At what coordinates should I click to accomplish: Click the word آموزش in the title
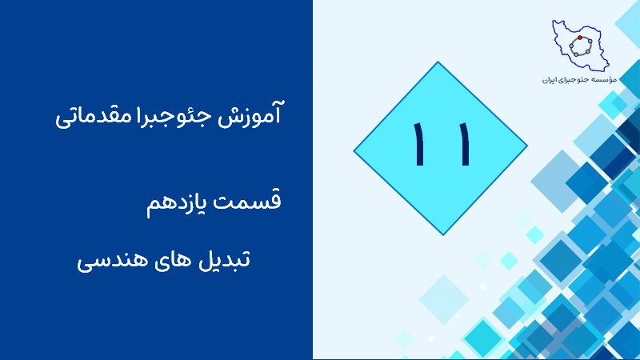[x=250, y=114]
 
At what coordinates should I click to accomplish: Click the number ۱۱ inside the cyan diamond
[x=442, y=144]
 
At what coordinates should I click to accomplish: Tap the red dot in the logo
[x=579, y=38]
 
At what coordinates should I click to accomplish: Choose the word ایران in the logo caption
[x=550, y=80]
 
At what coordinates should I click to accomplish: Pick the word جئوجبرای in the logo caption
[x=574, y=80]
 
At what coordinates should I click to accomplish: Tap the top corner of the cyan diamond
[x=438, y=62]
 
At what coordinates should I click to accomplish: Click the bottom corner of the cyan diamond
[x=443, y=235]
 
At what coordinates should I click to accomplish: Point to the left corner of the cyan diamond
[x=354, y=151]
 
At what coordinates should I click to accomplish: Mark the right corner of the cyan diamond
[x=528, y=146]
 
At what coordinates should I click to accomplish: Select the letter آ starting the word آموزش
[x=277, y=113]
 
